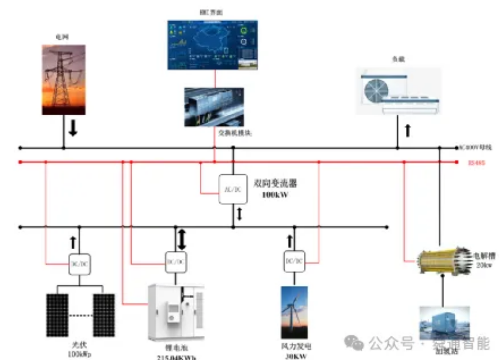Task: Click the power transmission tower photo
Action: tap(63, 80)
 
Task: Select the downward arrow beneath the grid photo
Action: tap(73, 129)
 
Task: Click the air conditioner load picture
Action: tap(400, 91)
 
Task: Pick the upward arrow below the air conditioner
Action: tap(407, 130)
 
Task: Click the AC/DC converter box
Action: tap(233, 189)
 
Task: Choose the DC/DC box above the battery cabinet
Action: tap(176, 261)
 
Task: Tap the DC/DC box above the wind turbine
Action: tap(294, 261)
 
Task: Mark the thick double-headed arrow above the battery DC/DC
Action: tap(182, 238)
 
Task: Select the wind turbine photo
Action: tap(294, 312)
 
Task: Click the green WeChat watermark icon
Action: tap(356, 343)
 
